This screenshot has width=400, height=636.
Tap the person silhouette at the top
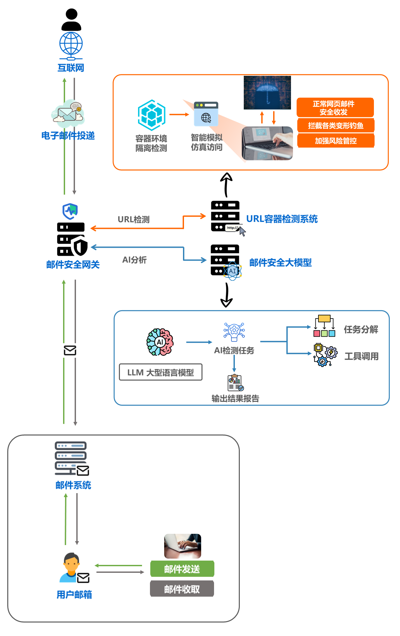pos(71,20)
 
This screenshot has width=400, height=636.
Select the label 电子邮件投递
pos(68,136)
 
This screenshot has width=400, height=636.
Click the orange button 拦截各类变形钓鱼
pos(336,126)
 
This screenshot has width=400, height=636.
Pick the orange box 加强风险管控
pos(336,141)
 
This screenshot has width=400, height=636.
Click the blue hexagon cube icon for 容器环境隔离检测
pos(152,115)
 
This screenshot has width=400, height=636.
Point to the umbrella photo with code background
pos(267,93)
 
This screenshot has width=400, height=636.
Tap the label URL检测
pos(133,219)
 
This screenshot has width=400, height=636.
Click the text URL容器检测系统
pos(282,219)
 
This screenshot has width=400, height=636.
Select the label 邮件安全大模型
pos(280,263)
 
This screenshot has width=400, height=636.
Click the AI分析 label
pos(134,260)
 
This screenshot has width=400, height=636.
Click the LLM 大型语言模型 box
pos(161,372)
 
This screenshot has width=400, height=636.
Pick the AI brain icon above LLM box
pos(160,342)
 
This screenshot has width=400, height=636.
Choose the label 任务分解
pos(361,329)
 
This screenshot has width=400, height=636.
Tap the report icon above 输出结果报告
pos(235,383)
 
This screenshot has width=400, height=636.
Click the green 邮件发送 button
pos(182,569)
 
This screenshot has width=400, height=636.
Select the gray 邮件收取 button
pos(182,589)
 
